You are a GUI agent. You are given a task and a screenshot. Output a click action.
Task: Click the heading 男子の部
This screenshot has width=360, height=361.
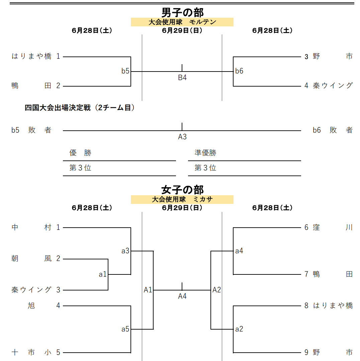pos(182,12)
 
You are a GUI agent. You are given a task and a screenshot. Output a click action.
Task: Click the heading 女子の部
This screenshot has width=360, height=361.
pos(182,190)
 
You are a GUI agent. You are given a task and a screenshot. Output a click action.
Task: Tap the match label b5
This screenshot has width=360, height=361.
pos(125,71)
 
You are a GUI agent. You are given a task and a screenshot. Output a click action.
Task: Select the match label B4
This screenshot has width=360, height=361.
pos(182,78)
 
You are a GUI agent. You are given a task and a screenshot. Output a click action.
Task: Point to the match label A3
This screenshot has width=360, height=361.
pos(182,137)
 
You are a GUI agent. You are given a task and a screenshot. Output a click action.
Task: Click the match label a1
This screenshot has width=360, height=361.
pos(103,274)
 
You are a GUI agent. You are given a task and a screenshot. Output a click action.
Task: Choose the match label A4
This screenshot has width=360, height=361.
pos(182,296)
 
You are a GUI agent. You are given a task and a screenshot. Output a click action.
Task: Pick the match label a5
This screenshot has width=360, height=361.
pos(125,329)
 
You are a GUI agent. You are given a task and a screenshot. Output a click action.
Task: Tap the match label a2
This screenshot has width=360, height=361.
pos(239,329)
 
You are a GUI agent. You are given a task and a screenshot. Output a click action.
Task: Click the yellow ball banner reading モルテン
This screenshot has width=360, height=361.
pos(182,22)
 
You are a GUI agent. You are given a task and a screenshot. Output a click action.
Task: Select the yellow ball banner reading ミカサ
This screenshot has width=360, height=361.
pos(182,199)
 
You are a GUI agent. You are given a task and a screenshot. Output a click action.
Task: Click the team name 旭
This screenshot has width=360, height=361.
pos(31,306)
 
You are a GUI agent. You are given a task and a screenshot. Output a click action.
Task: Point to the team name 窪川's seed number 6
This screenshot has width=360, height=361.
pos(306,228)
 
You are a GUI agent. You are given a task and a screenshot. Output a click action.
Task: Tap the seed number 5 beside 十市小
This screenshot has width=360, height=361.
pos(58,352)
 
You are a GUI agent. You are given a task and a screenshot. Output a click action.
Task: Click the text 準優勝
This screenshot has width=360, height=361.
pos(205,153)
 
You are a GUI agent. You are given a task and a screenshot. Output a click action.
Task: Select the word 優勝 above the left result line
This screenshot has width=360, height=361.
pos(80,153)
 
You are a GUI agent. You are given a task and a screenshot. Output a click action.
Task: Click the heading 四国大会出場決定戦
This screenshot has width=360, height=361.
pos(58,108)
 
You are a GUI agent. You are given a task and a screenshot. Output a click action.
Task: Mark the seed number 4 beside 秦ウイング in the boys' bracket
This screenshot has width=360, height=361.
pos(306,86)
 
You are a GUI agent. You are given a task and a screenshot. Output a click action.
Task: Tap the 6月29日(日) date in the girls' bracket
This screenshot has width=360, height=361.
pos(182,208)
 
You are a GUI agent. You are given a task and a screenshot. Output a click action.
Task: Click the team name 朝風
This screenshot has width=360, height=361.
pos(31,258)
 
